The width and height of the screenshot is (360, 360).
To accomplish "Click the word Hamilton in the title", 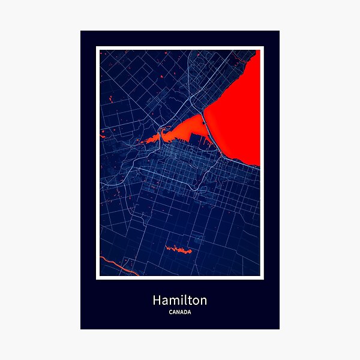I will point(179,299).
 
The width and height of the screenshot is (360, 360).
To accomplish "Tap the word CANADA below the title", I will point(179,312).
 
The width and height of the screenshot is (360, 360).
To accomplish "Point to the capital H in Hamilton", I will point(157,299).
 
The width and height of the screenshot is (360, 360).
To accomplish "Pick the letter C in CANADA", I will point(171,312).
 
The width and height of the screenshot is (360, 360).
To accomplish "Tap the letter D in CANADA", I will point(184,312).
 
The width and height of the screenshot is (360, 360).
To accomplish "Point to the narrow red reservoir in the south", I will point(178,249).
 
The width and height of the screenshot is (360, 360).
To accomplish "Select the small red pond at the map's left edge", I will point(103,131).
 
